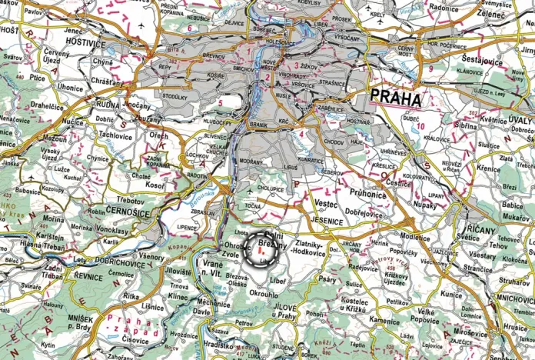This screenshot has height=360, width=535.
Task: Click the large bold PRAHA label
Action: [x=396, y=98]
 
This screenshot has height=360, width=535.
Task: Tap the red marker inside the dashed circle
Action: [x=262, y=250]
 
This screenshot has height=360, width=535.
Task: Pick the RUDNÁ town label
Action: [x=105, y=108]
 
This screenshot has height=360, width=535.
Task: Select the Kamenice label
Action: [x=383, y=318]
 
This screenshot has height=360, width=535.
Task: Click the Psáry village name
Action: [x=327, y=279]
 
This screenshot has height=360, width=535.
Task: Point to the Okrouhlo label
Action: [x=264, y=294]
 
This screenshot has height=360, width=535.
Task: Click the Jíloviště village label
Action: [x=178, y=271]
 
